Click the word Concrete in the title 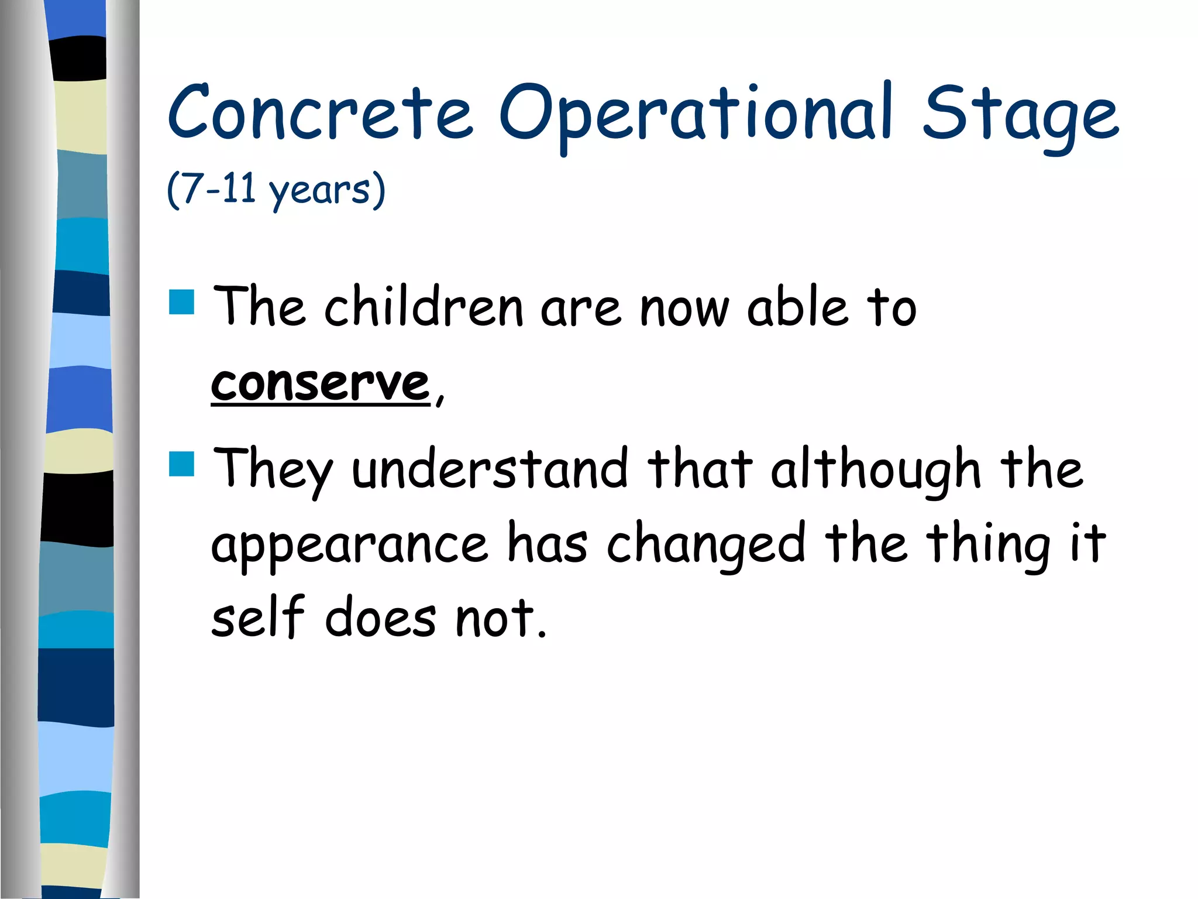point(320,112)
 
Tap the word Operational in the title point(696,114)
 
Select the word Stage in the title point(1020,114)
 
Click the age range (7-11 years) point(276,190)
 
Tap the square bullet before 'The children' point(181,302)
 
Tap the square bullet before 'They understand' point(181,464)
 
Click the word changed point(707,544)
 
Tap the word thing point(989,544)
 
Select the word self point(258,617)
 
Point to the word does point(381,619)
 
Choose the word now point(685,309)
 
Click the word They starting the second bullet point(273,469)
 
